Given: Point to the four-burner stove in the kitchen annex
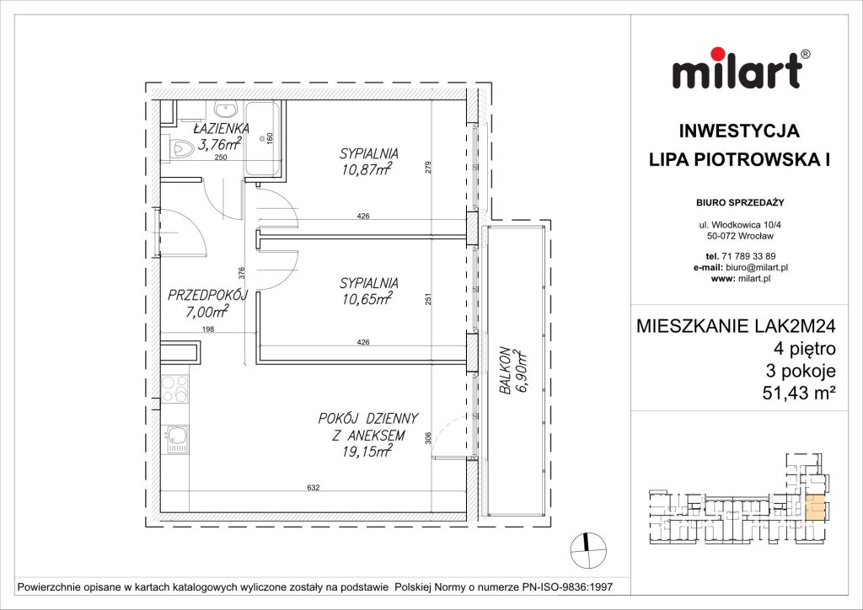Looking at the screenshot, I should point(174,388).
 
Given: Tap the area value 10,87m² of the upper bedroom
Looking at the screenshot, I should point(369,171).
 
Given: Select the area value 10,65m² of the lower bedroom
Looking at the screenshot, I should point(369,299).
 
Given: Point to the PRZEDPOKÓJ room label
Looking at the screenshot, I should point(206,296).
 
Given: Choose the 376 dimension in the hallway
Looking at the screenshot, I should point(241,272).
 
